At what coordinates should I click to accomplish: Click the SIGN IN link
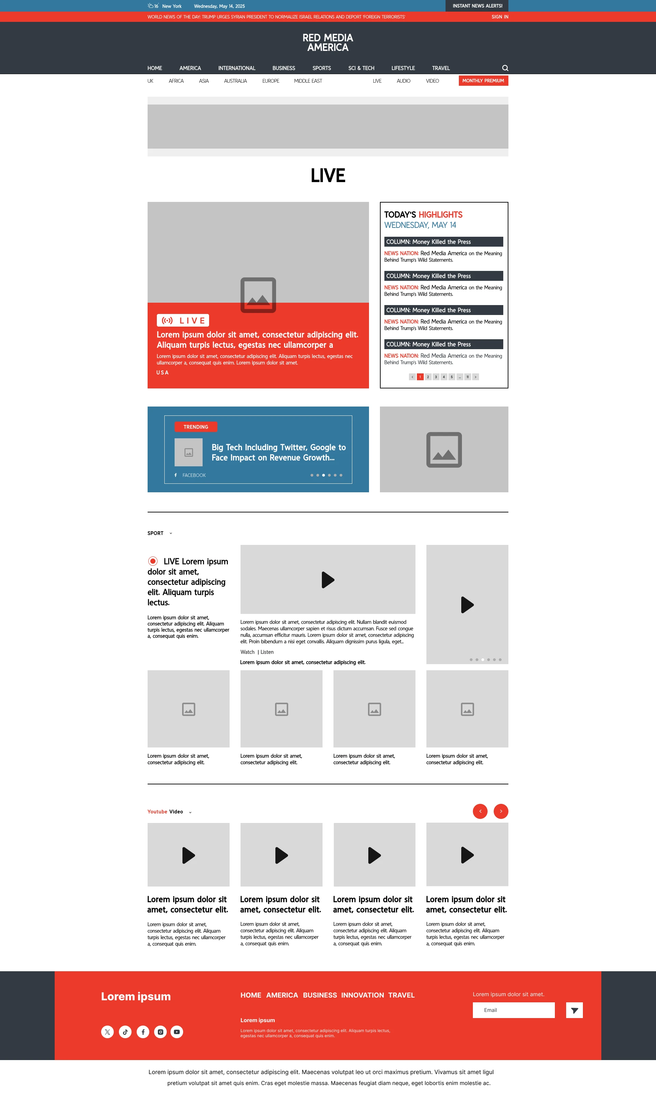pos(500,17)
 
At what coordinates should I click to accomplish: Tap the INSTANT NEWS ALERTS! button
pos(477,6)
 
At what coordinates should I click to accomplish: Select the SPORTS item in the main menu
pos(322,68)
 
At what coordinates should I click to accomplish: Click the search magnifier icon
pos(505,68)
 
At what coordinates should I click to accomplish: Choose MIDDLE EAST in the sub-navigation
pos(308,81)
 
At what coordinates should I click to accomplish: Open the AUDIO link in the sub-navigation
pos(404,81)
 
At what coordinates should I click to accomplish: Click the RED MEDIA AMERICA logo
pos(328,42)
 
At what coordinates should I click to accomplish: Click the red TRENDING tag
pos(196,427)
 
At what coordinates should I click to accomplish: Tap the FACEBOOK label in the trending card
pos(194,475)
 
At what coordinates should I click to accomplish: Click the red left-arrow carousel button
pos(480,811)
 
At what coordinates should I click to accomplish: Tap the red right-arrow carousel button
pos(501,811)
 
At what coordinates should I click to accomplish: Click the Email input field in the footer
pos(514,1010)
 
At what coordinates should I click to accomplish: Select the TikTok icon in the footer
pos(125,1032)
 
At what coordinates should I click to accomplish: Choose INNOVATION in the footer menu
pos(363,995)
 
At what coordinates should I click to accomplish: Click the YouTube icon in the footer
pos(177,1032)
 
